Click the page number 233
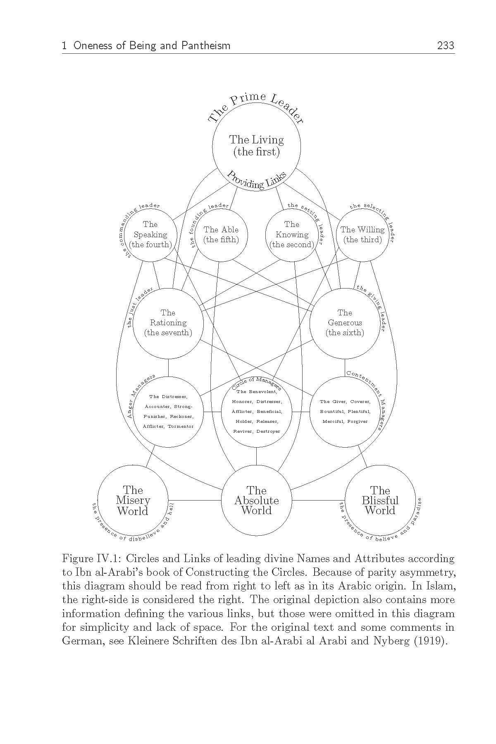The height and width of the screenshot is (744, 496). [x=446, y=45]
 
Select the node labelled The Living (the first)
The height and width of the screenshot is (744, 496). [x=256, y=146]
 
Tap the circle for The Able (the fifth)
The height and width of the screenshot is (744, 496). [x=221, y=235]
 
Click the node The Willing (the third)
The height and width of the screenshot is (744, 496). [x=362, y=235]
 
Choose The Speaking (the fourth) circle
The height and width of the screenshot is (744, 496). [x=150, y=235]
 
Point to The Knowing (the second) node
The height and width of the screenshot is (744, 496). [x=292, y=235]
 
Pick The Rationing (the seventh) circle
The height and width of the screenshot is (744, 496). [x=168, y=323]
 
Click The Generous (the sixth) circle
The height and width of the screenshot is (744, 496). [x=345, y=323]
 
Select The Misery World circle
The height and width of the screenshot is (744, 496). [x=133, y=500]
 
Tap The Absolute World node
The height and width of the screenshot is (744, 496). [x=256, y=500]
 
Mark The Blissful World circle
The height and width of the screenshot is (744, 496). [x=380, y=500]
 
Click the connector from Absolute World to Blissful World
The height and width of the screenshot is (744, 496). [x=318, y=500]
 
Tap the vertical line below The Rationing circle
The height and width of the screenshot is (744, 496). [x=168, y=367]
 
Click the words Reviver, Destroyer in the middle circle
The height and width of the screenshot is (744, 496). [x=256, y=431]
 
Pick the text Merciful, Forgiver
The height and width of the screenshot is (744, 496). [x=345, y=421]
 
